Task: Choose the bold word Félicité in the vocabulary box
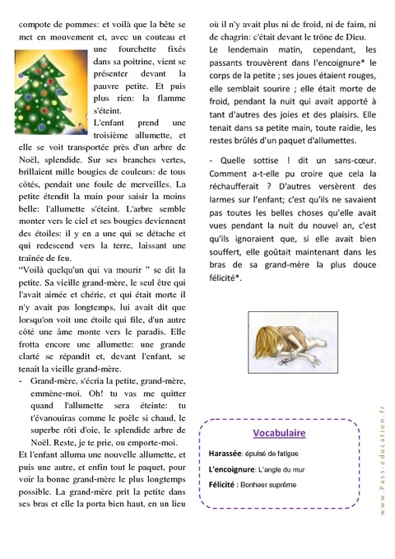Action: tap(228, 485)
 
